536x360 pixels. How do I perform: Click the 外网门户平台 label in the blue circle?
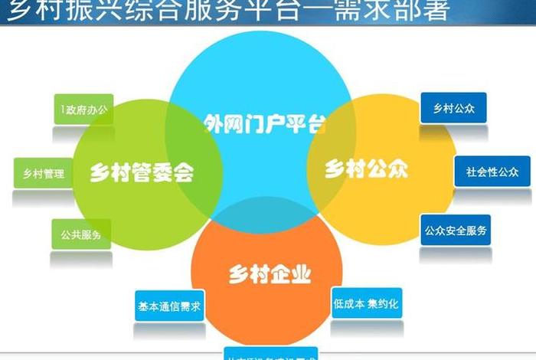[x=263, y=123]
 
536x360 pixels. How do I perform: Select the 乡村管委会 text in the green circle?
[x=142, y=172]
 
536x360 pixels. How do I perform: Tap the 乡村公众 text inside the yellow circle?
[x=366, y=169]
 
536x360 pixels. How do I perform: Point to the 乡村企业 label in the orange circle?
[x=270, y=273]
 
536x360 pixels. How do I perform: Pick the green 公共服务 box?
[x=81, y=234]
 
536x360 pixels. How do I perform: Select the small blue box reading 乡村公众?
[x=453, y=108]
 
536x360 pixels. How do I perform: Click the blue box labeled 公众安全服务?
[x=456, y=230]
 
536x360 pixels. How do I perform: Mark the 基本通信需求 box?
[x=169, y=306]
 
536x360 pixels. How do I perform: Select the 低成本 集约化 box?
[x=366, y=303]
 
